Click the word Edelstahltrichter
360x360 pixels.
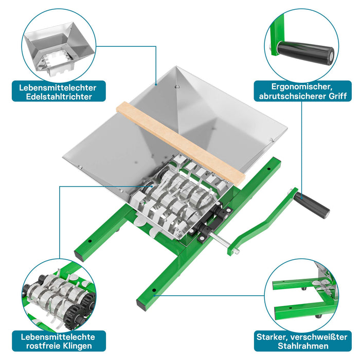coord(59,97)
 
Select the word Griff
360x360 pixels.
coord(337,96)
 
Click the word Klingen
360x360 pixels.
coord(77,346)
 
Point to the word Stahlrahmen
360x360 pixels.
coord(303,346)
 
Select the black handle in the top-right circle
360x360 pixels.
coord(305,53)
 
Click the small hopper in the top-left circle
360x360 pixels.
coord(59,49)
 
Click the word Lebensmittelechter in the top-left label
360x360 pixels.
coord(58,88)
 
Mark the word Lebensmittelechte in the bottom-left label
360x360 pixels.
coord(58,337)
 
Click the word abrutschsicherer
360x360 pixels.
coord(292,96)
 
